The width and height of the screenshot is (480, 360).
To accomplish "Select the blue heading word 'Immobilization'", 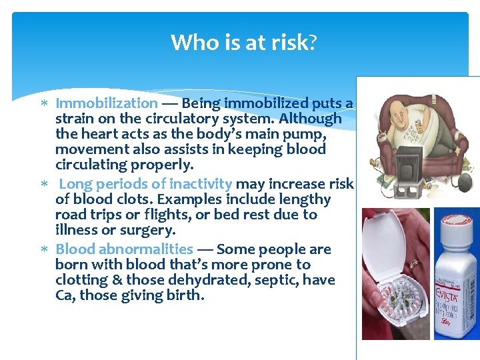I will point(107,103).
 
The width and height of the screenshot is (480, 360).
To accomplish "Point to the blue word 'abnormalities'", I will point(147,249).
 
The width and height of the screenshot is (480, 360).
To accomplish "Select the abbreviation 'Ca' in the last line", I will point(65,295).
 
